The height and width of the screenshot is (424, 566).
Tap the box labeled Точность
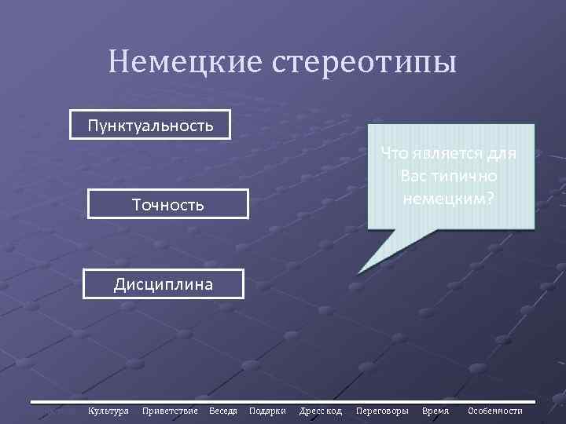tap(167, 205)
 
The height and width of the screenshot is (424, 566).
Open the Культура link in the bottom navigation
tap(108, 411)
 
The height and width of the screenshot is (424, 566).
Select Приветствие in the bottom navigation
tap(170, 411)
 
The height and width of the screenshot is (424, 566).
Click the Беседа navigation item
tap(223, 411)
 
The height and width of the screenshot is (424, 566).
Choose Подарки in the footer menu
tap(267, 411)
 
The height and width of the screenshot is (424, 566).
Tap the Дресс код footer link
tap(321, 411)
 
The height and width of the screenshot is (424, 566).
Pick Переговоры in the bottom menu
tap(382, 411)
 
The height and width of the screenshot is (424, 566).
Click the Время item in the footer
tap(436, 411)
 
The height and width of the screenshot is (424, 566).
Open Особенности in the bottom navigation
tap(495, 411)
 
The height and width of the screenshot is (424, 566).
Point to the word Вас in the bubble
tap(413, 174)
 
